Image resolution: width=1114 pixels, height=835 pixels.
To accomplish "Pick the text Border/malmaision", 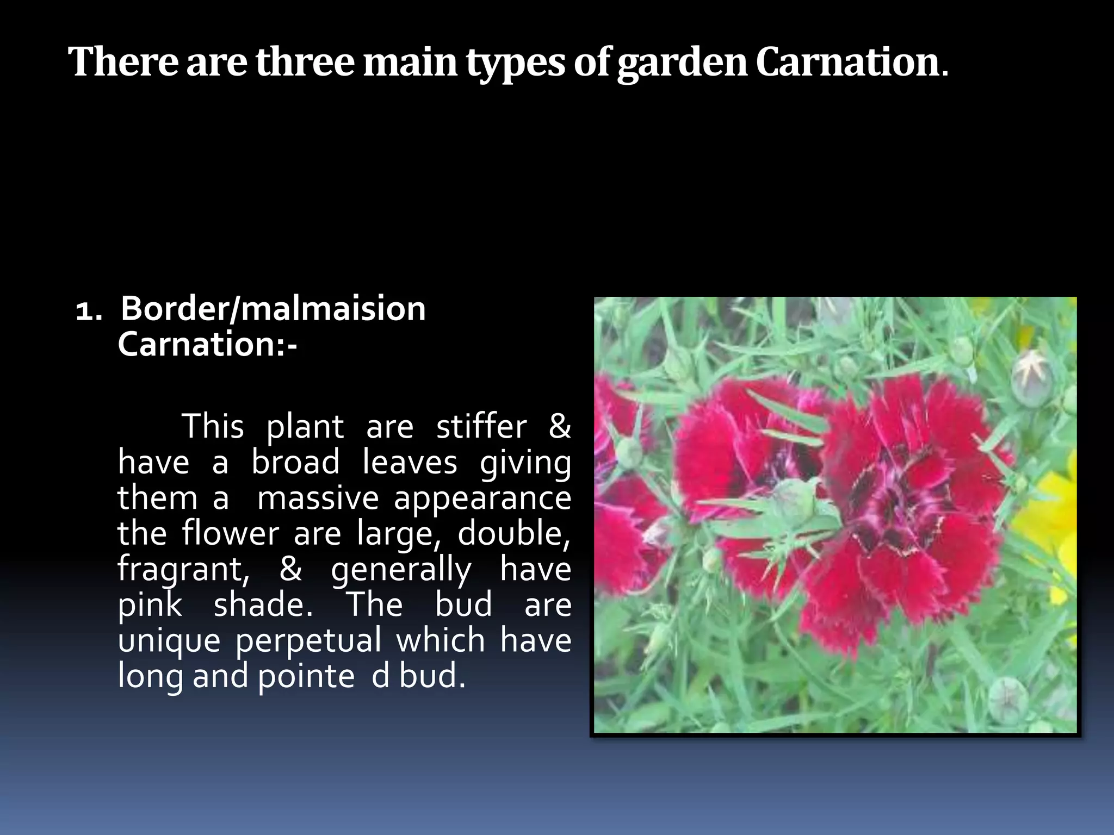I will click(273, 309).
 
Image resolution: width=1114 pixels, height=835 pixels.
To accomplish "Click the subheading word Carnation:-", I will click(207, 345).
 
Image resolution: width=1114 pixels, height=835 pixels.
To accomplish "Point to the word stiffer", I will click(481, 426).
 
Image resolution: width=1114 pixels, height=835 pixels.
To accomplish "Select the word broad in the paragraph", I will click(295, 462).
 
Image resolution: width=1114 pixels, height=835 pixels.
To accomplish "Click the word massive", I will click(318, 498).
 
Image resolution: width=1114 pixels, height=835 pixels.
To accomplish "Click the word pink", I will click(150, 606).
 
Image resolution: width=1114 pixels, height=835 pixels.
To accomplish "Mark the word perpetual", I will click(308, 641).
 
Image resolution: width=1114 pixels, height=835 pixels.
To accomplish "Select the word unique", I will click(169, 641).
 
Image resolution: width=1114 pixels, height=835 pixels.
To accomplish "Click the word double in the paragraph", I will click(513, 534).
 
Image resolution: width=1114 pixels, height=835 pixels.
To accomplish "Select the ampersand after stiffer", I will click(559, 426).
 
